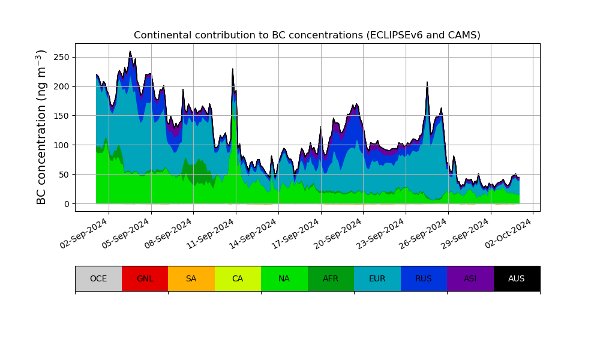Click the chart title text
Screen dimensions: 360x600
pos(307,35)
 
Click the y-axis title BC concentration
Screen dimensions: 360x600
pos(41,127)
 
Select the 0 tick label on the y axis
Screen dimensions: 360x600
pos(67,204)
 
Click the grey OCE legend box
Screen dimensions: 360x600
pos(98,278)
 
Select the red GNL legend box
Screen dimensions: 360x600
pos(145,278)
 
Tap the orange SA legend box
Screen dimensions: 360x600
pos(191,278)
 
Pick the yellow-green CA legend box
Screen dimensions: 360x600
pos(238,278)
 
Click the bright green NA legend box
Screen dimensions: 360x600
pos(284,278)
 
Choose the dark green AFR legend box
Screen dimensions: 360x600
pos(331,278)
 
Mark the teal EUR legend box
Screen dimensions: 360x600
pos(377,278)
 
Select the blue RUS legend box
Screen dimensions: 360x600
pos(424,278)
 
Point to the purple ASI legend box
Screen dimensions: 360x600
pos(470,278)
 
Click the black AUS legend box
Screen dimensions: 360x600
pos(517,278)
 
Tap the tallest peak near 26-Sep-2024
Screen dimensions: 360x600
pos(427,83)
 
